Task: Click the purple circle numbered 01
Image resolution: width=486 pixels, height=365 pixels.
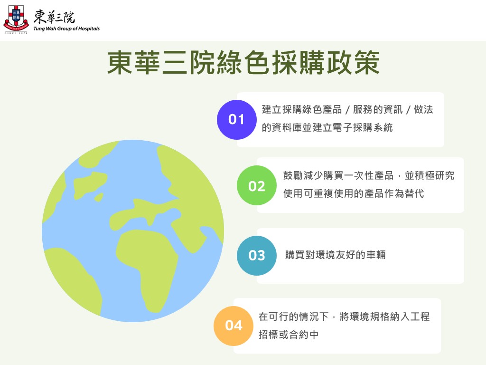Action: click(236, 119)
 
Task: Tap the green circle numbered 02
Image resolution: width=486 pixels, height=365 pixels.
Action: click(257, 185)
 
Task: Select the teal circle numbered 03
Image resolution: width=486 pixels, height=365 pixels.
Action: click(257, 255)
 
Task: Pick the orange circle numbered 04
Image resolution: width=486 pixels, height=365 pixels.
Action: click(234, 326)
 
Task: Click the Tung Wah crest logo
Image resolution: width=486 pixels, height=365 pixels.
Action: click(16, 19)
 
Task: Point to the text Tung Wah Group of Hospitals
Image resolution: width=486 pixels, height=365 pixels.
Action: click(66, 29)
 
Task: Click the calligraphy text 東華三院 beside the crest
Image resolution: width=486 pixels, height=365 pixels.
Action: click(54, 17)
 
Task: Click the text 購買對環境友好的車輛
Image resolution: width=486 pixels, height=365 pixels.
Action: click(336, 255)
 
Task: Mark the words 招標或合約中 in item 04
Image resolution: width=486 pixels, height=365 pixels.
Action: click(289, 335)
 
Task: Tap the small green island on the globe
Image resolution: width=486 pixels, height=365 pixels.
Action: click(99, 197)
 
